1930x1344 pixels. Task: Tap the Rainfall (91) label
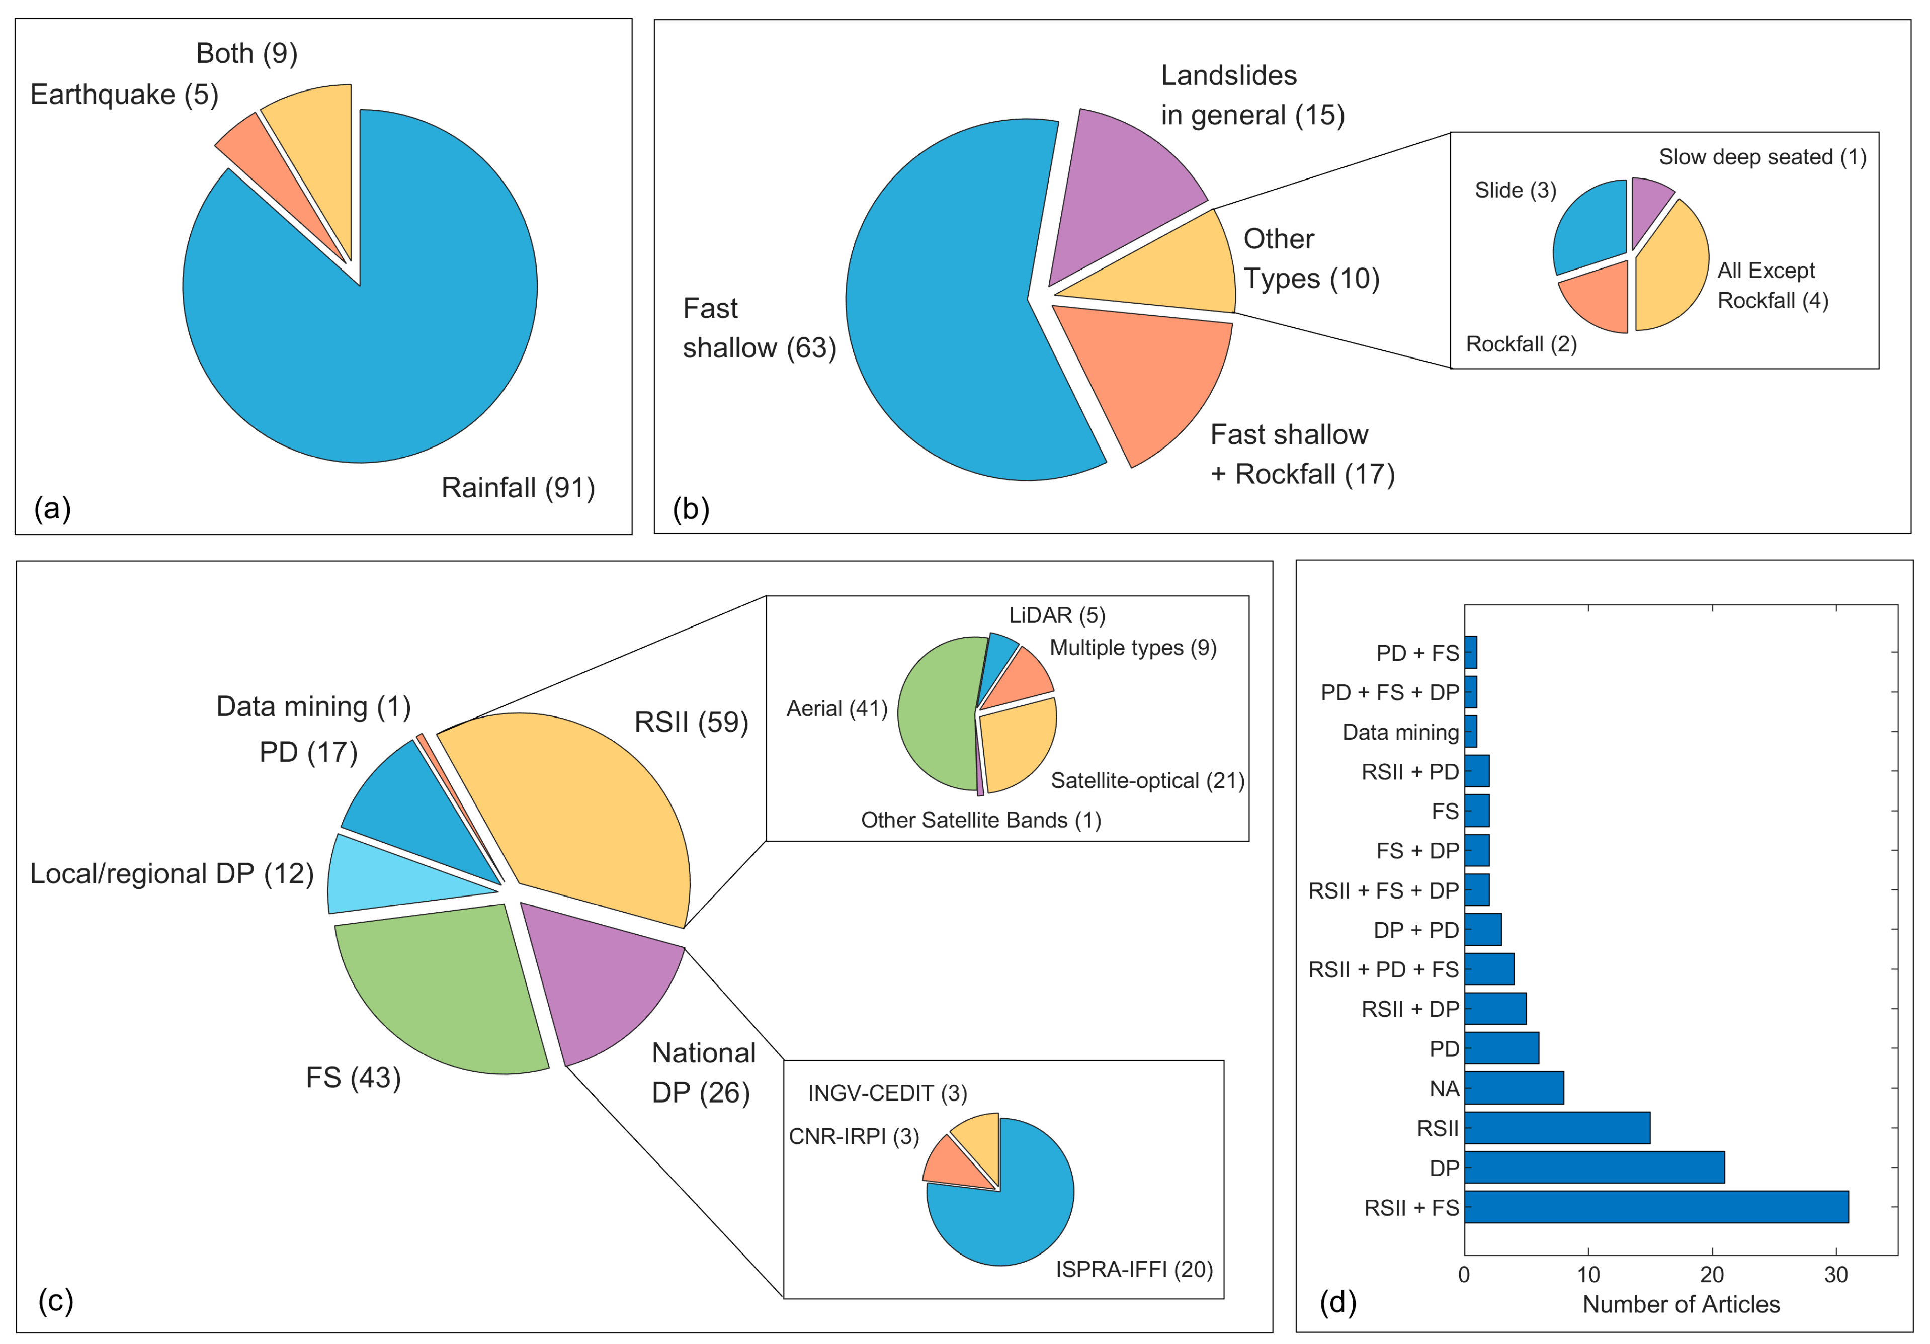518,488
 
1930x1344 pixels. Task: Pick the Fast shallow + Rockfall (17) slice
1151,378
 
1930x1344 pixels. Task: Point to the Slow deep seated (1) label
1762,157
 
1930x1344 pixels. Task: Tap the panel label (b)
691,508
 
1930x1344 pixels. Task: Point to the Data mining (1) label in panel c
313,706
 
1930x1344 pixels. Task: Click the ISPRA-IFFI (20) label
1134,1269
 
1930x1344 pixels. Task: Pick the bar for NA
1513,1088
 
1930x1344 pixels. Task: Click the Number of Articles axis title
1681,1304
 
